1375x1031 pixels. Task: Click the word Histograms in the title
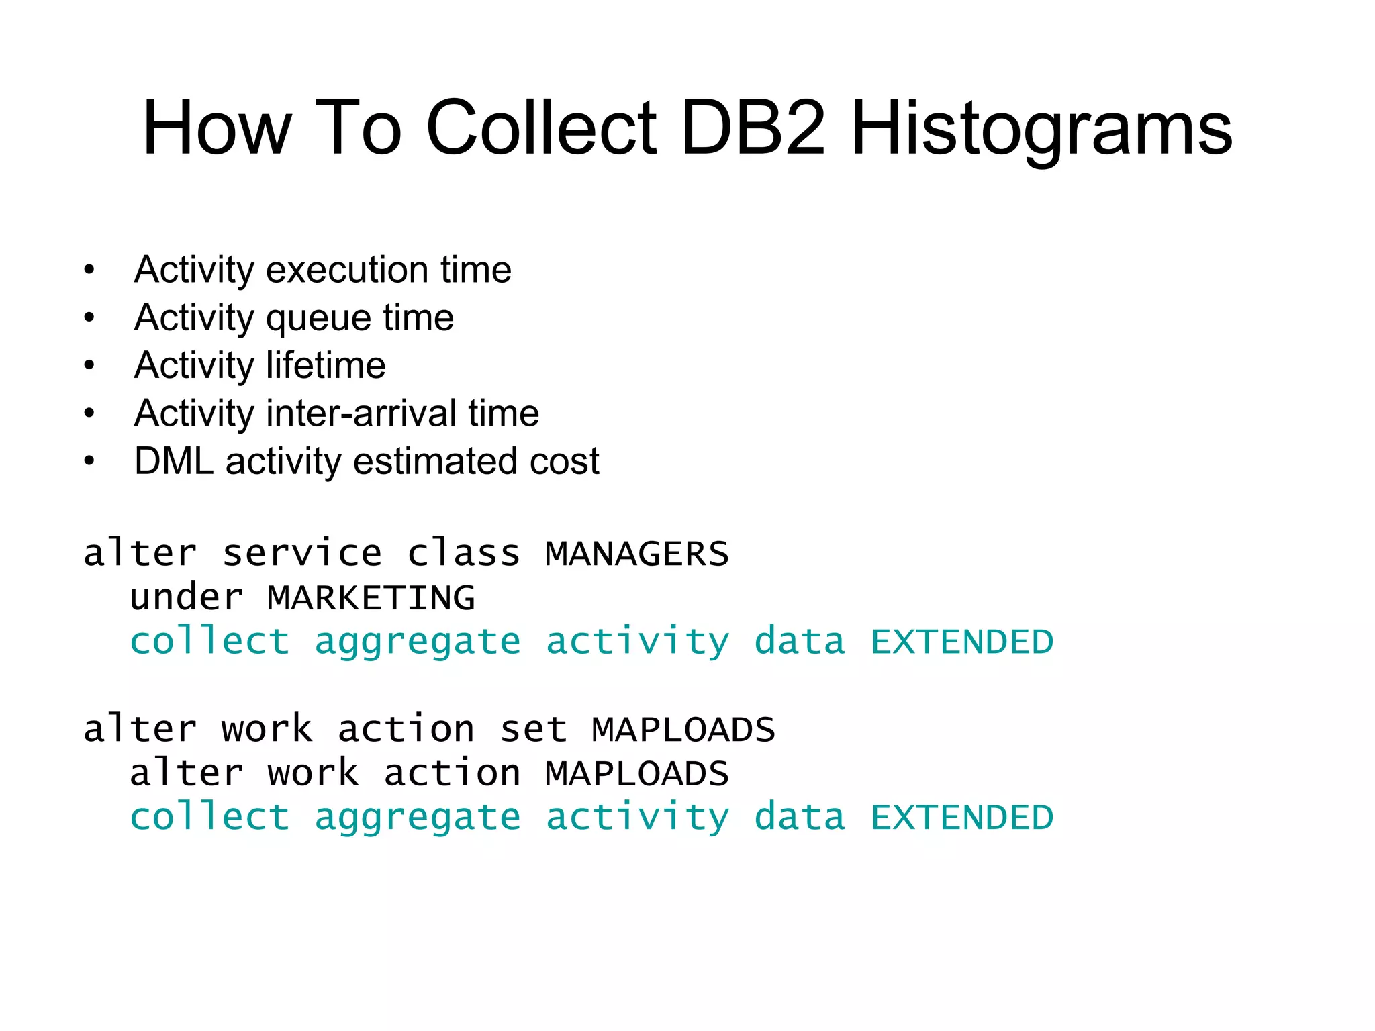coord(1041,129)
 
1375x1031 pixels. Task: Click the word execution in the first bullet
coord(347,270)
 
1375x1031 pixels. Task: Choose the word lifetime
coord(326,366)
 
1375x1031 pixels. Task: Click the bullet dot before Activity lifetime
coord(89,366)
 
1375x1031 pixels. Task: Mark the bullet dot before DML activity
coord(89,462)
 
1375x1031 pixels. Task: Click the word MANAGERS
coord(636,554)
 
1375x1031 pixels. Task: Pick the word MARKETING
coord(371,598)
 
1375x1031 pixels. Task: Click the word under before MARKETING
coord(187,598)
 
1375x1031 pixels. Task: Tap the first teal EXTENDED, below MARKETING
coord(962,642)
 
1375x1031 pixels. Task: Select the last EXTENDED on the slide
coord(962,818)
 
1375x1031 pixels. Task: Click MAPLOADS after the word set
coord(683,730)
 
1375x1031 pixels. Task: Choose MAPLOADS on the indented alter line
coord(636,774)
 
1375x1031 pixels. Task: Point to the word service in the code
coord(302,554)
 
